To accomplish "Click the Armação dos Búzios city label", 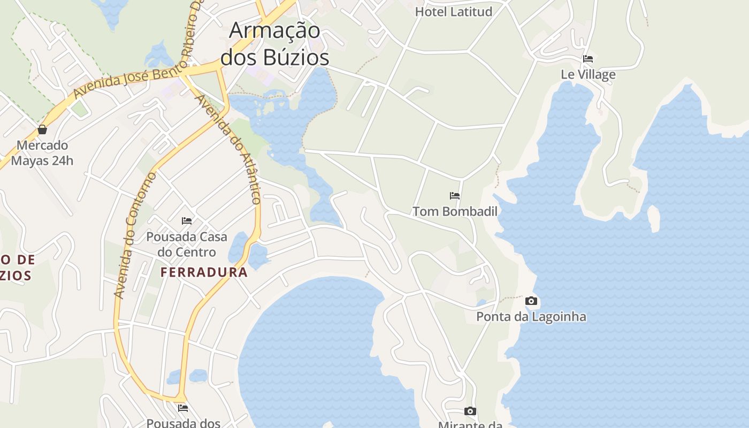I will [274, 43].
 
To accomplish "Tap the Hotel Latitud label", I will [454, 11].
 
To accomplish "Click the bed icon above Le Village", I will [588, 59].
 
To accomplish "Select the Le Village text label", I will [588, 74].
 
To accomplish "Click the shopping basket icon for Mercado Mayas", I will [42, 129].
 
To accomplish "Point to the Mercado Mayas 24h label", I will [42, 152].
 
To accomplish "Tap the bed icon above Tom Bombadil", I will [455, 196].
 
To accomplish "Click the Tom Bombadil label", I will [455, 211].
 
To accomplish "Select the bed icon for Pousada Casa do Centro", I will [187, 220].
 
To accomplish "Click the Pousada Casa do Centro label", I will [187, 244].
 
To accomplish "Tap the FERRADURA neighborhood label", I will [204, 272].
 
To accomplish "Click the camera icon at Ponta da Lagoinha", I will [531, 301].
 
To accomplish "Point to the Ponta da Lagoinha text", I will [531, 317].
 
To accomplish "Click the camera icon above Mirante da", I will [470, 411].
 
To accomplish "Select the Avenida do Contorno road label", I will [134, 235].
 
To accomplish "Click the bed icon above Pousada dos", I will [183, 408].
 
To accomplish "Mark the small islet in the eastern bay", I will [653, 218].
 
